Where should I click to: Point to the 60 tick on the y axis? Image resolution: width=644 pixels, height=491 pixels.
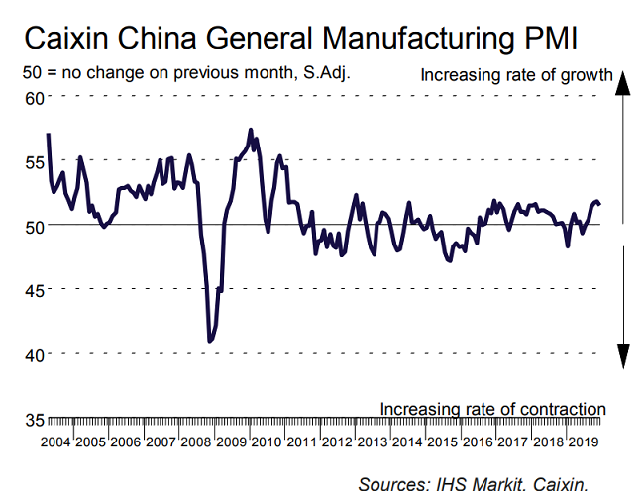35,97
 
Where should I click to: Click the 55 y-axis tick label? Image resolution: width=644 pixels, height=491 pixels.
35,161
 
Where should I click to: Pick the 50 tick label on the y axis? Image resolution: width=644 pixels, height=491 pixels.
35,226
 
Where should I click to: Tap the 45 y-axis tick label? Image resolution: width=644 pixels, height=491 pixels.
35,290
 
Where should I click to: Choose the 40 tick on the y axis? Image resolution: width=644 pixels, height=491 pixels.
35,354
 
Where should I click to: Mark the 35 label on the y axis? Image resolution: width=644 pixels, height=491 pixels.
35,418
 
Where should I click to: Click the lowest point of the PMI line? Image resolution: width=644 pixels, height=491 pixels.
210,342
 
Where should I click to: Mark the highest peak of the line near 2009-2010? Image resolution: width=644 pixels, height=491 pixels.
251,130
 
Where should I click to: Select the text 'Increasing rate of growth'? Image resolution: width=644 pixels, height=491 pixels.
517,75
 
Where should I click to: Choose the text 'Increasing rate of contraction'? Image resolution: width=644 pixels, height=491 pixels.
492,408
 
